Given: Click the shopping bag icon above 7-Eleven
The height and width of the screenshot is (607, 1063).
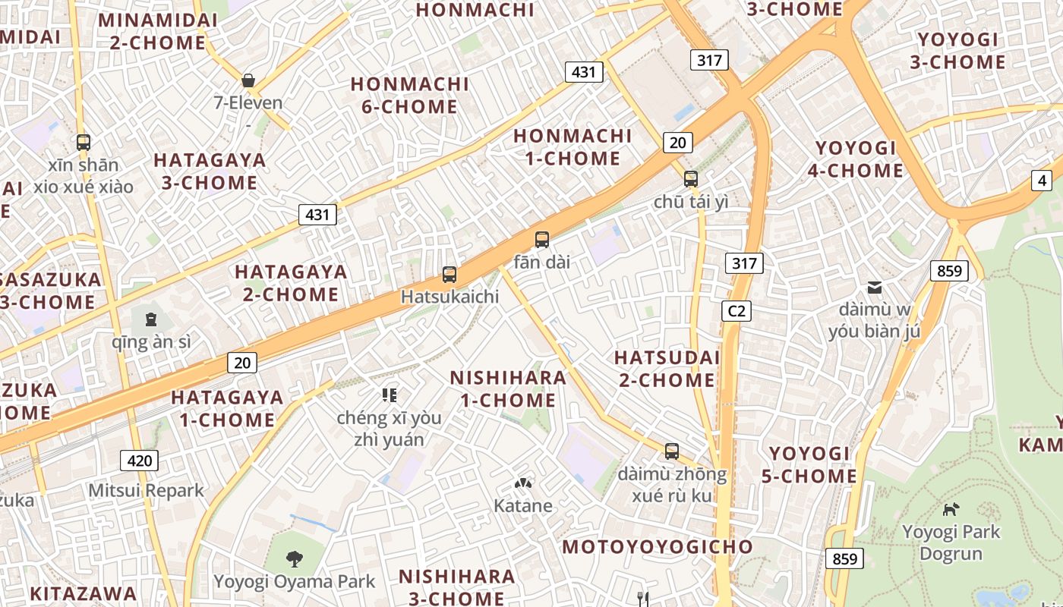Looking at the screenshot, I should (248, 80).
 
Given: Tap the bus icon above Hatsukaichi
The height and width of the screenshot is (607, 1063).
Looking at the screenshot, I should (449, 274).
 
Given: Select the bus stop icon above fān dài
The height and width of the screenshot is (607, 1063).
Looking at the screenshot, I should (541, 240).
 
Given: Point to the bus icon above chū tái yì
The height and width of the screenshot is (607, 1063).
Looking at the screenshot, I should (690, 179).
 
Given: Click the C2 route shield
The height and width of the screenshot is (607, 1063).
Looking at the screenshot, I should (736, 310).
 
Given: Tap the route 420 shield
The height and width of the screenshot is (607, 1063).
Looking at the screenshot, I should (140, 460).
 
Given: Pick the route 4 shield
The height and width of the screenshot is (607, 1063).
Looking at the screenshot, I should (1042, 181).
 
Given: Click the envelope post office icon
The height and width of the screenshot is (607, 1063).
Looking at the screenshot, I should (875, 288).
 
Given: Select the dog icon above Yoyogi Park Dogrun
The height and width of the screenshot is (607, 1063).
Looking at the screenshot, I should (951, 509).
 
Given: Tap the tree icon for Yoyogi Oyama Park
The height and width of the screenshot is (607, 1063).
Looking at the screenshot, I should (294, 559).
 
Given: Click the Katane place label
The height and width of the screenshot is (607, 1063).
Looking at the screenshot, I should (523, 505).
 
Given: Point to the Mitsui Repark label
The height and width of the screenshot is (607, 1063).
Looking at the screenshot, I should (147, 490).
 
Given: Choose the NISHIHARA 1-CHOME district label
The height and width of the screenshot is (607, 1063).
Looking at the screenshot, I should (508, 388).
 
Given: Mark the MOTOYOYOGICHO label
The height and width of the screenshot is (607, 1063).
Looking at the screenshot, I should (658, 546).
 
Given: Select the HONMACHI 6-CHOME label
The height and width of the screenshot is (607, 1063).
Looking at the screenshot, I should (409, 95).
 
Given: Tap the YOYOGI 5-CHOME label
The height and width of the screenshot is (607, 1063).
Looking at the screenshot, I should (809, 464).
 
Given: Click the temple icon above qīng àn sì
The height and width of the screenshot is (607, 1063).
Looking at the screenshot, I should (150, 319).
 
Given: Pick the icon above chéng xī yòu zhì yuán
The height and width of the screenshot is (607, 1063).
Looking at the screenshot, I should (390, 395).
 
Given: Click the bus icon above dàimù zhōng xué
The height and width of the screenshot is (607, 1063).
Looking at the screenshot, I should (671, 451).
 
